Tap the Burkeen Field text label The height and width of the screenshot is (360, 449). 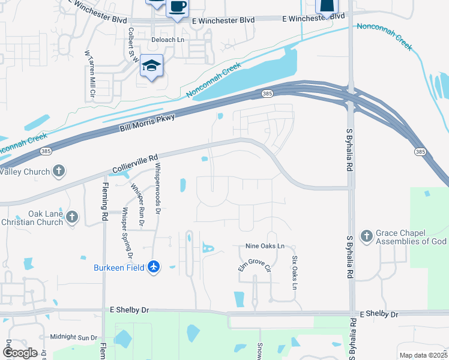(119, 268)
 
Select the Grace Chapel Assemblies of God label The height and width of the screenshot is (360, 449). (411, 238)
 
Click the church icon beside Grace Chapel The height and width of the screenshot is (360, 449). (366, 234)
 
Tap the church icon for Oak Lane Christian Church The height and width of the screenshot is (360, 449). (72, 217)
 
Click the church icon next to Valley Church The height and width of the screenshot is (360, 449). (58, 172)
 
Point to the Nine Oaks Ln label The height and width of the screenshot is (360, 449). (265, 247)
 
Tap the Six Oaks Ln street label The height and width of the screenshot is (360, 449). (295, 274)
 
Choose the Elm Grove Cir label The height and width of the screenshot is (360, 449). (255, 261)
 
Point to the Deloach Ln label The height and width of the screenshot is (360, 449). (168, 40)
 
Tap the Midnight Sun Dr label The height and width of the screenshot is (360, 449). (73, 338)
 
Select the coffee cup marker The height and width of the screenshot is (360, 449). (176, 8)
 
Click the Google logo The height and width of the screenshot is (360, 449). (19, 353)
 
